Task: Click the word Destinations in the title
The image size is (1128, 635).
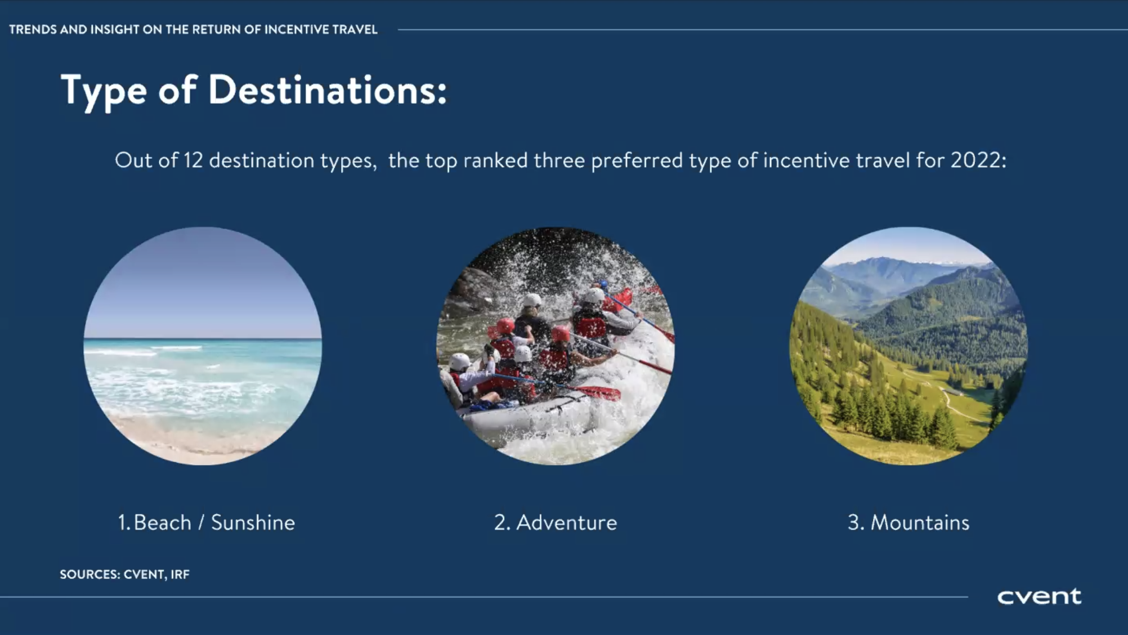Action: (327, 90)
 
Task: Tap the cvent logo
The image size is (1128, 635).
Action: (1039, 596)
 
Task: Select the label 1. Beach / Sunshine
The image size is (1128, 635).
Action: (207, 522)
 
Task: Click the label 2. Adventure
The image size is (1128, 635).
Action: (556, 522)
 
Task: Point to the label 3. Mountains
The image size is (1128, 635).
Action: (908, 522)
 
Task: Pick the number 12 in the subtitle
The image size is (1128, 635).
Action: (193, 160)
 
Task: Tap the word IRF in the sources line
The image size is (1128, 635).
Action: (180, 574)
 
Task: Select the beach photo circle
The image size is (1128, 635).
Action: (203, 346)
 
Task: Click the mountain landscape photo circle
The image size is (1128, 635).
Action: (908, 346)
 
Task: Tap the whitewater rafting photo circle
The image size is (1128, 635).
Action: (556, 346)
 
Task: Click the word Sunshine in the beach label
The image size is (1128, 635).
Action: (253, 522)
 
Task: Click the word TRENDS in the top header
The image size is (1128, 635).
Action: (33, 29)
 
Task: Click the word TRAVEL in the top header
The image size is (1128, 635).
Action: (356, 29)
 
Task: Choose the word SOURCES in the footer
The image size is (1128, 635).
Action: (90, 574)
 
